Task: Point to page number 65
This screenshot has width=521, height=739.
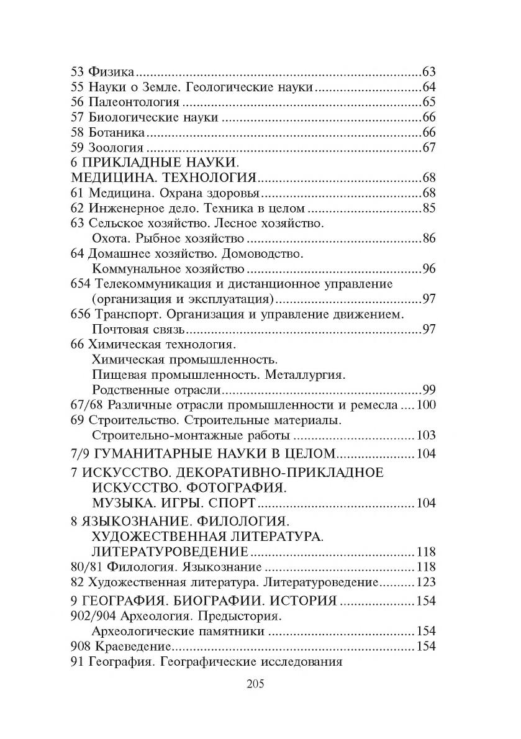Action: click(x=429, y=102)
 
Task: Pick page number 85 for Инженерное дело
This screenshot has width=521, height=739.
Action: click(x=429, y=208)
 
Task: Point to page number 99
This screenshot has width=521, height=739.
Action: click(x=429, y=390)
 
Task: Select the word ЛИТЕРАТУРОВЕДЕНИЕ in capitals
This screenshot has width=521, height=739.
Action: click(x=170, y=551)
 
